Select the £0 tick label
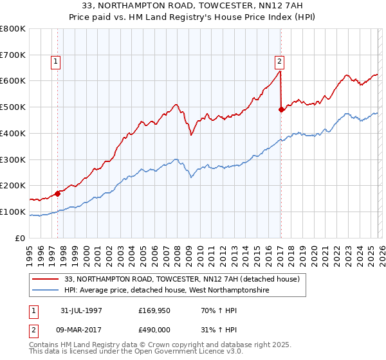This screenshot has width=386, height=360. pos(21,238)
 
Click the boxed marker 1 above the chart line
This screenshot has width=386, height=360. pos(57,62)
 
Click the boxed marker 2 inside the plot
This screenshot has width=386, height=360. pos(280,62)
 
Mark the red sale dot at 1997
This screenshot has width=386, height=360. pos(58,192)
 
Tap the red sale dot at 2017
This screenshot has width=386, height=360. pos(281,110)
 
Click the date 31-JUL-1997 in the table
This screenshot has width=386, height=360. pos(82,310)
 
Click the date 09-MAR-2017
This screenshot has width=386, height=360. pos(82,328)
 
